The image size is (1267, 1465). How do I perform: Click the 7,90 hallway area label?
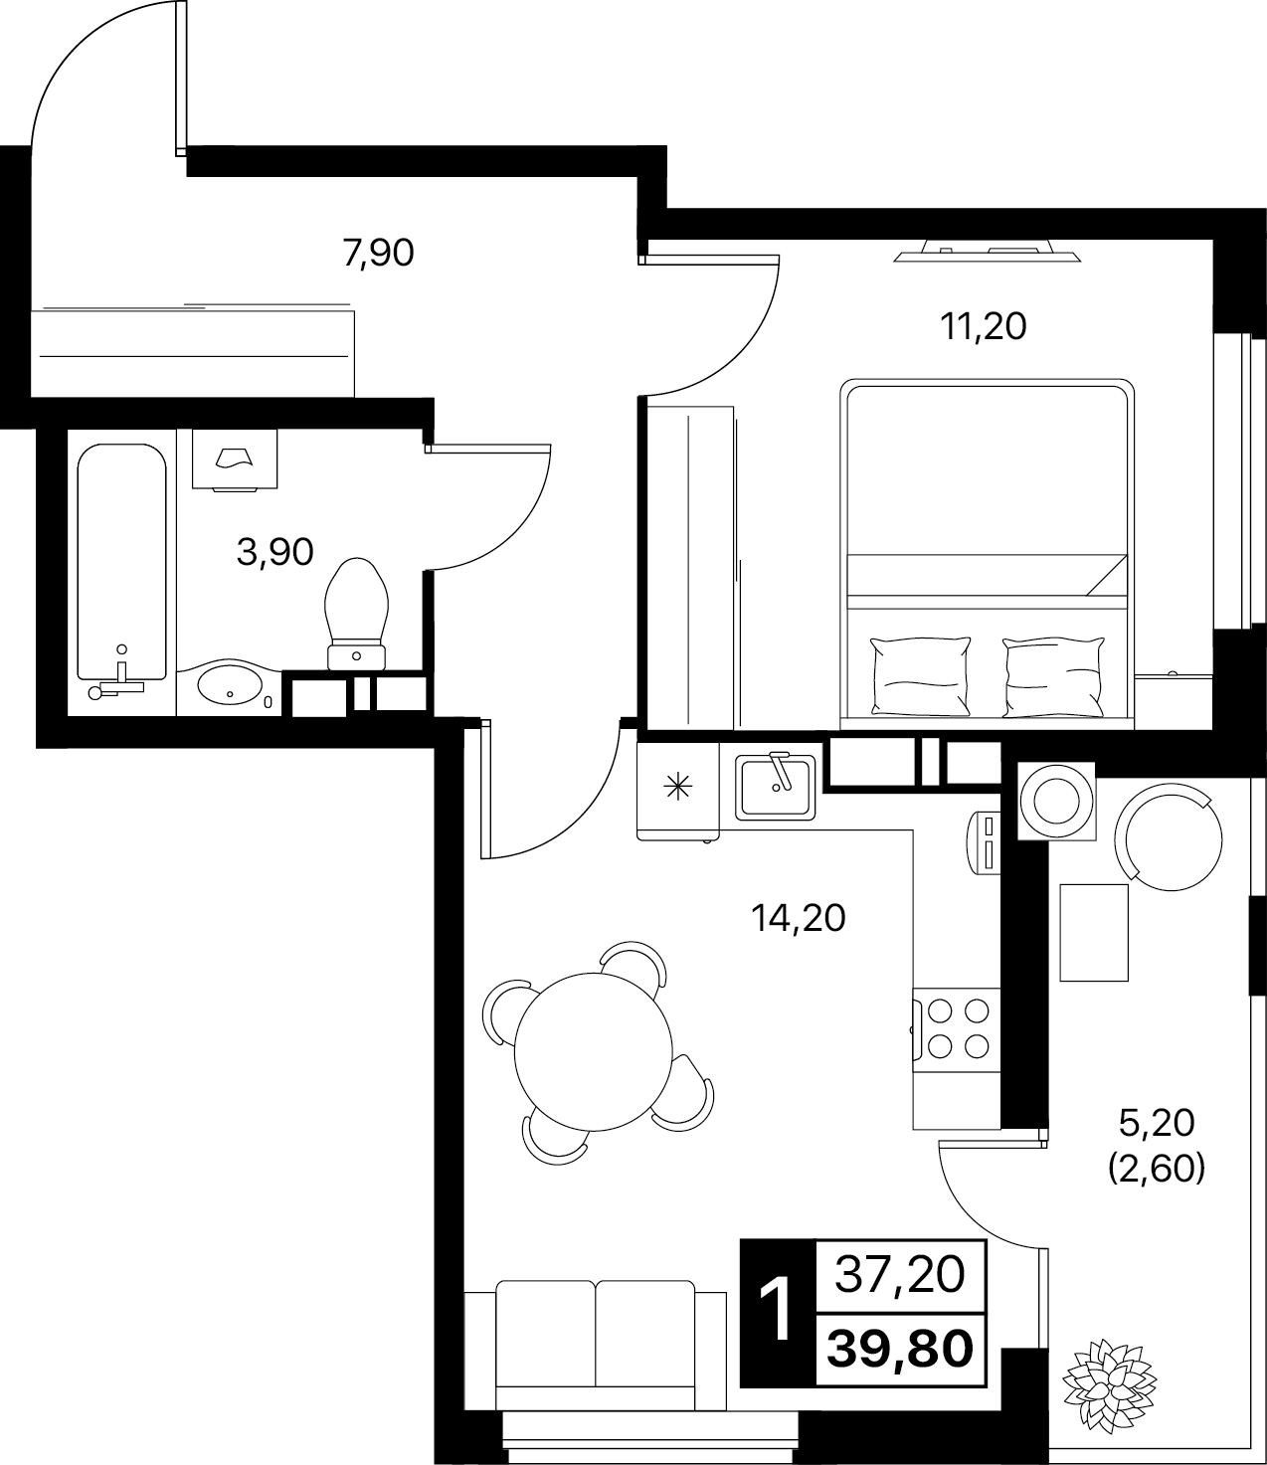[x=378, y=253]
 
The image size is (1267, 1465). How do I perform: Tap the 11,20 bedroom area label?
[x=983, y=327]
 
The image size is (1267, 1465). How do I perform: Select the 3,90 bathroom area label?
[x=274, y=552]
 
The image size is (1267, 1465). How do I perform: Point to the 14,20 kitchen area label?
[x=799, y=919]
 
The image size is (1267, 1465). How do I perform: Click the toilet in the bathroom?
[x=356, y=614]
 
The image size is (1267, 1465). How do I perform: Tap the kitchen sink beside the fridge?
[x=776, y=787]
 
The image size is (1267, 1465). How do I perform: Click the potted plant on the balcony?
[x=1109, y=1375]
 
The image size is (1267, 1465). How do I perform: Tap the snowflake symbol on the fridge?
[x=679, y=786]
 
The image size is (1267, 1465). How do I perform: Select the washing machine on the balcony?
[x=1056, y=802]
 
